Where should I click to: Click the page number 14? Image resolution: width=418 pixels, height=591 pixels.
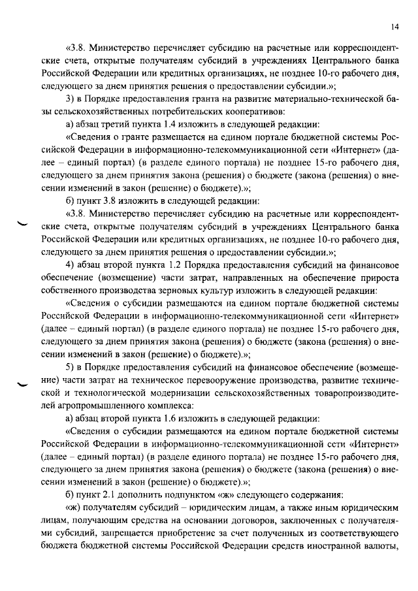(x=395, y=27)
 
